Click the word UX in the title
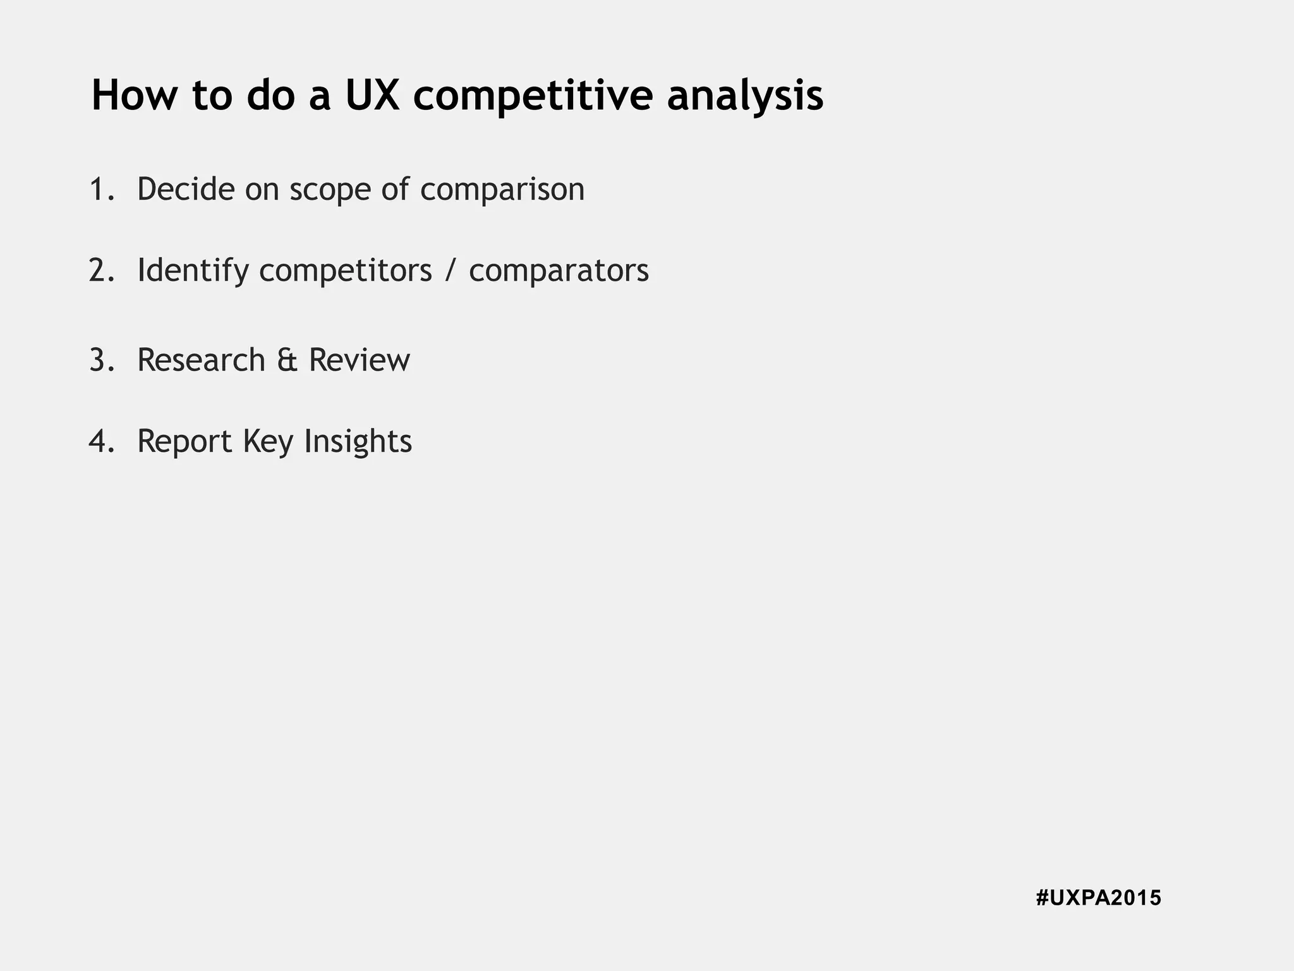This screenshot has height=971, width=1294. pyautogui.click(x=372, y=95)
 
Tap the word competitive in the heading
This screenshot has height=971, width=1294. pyautogui.click(x=533, y=95)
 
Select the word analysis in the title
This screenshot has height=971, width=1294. pyautogui.click(x=745, y=95)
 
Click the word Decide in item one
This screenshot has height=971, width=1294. pyautogui.click(x=186, y=189)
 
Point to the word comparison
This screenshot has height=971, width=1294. pyautogui.click(x=502, y=189)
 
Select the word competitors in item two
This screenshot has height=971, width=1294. pyautogui.click(x=346, y=270)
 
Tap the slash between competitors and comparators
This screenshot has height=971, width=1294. pyautogui.click(x=450, y=270)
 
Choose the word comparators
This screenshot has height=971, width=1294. pyautogui.click(x=559, y=270)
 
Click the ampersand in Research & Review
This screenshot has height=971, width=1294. pyautogui.click(x=287, y=360)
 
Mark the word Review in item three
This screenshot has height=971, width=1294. pyautogui.click(x=359, y=360)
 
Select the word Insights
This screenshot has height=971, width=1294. pyautogui.click(x=358, y=441)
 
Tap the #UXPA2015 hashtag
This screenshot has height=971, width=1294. pyautogui.click(x=1098, y=898)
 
